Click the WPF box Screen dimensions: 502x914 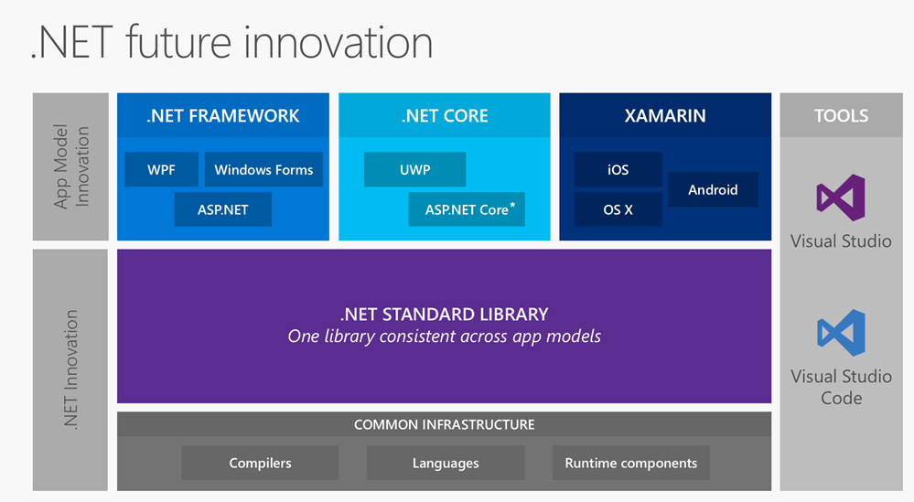[x=160, y=169]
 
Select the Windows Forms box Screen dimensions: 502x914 [x=263, y=169]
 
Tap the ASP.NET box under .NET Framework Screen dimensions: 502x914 [x=223, y=209]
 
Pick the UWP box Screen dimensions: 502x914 [x=414, y=169]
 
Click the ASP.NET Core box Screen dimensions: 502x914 [x=467, y=209]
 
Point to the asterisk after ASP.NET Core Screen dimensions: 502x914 [x=512, y=206]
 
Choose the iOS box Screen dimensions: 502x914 [x=618, y=169]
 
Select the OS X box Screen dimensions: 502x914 [x=618, y=209]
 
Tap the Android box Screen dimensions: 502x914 [x=713, y=189]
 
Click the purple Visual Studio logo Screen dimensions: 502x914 [x=841, y=198]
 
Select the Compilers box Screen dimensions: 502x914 [x=260, y=463]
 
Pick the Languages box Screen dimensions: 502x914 [x=446, y=463]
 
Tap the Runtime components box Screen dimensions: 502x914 [x=630, y=463]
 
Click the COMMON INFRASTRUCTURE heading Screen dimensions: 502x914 [x=444, y=424]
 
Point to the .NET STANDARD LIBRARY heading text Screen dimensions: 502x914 [x=444, y=314]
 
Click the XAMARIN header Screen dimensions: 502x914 [x=665, y=116]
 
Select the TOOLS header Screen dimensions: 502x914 [x=841, y=116]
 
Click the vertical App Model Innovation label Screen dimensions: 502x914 [x=71, y=167]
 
